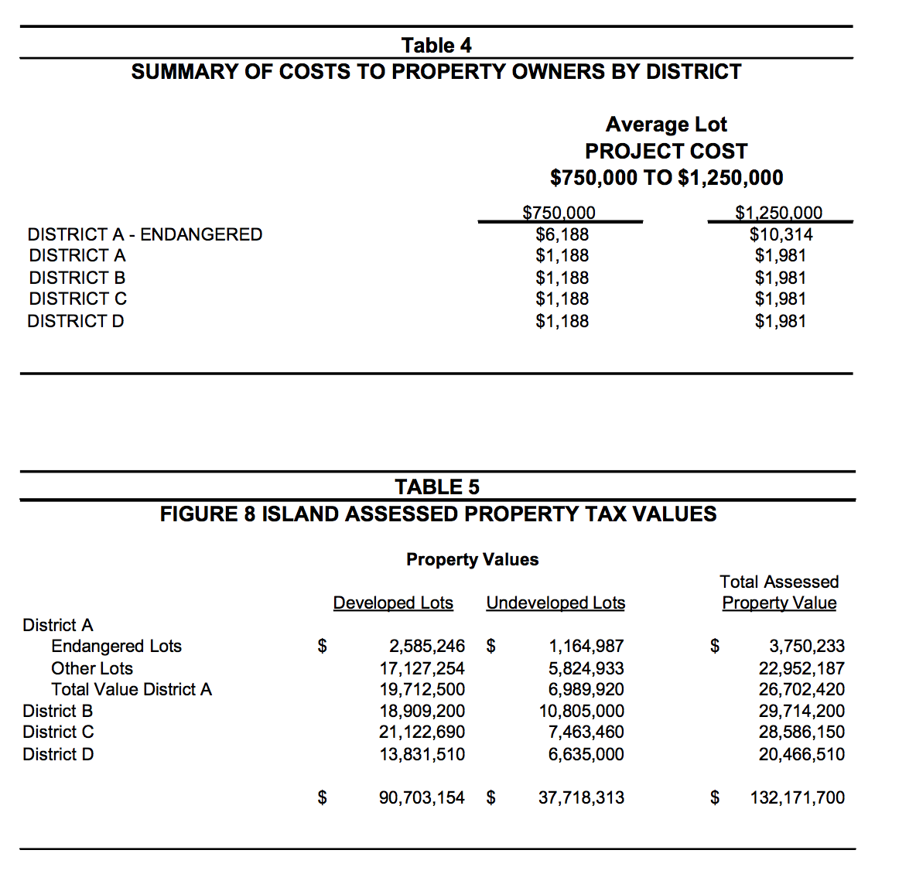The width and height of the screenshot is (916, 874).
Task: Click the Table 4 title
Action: pyautogui.click(x=436, y=46)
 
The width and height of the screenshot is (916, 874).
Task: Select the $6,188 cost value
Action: pyautogui.click(x=562, y=234)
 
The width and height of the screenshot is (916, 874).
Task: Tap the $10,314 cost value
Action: pyautogui.click(x=781, y=234)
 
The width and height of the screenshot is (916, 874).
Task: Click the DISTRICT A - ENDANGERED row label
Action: pyautogui.click(x=145, y=234)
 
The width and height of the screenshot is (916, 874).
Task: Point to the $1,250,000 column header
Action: pyautogui.click(x=778, y=213)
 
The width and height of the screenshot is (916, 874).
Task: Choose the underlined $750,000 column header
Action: pyautogui.click(x=559, y=213)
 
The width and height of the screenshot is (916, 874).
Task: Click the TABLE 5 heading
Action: pyautogui.click(x=436, y=487)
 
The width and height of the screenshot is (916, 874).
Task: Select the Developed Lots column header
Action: pyautogui.click(x=393, y=603)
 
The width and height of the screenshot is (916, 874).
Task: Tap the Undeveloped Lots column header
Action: pyautogui.click(x=555, y=603)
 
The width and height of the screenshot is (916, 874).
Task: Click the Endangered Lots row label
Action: pyautogui.click(x=116, y=646)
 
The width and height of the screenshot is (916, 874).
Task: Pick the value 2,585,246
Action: pyautogui.click(x=426, y=646)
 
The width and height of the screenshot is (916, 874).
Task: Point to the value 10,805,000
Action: pyautogui.click(x=581, y=711)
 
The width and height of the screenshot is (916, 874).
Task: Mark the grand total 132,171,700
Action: pyautogui.click(x=797, y=797)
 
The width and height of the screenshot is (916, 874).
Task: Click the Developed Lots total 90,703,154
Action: pyautogui.click(x=422, y=797)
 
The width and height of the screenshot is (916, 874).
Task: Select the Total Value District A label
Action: pyautogui.click(x=131, y=689)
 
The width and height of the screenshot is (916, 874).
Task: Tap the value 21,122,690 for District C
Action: pyautogui.click(x=422, y=732)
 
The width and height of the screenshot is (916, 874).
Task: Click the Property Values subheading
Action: pyautogui.click(x=472, y=559)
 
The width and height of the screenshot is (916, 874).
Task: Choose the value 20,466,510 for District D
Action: pyautogui.click(x=801, y=754)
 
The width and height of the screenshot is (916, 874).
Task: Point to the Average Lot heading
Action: pyautogui.click(x=666, y=125)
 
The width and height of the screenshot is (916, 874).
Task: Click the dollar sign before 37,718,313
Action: pyautogui.click(x=490, y=797)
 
